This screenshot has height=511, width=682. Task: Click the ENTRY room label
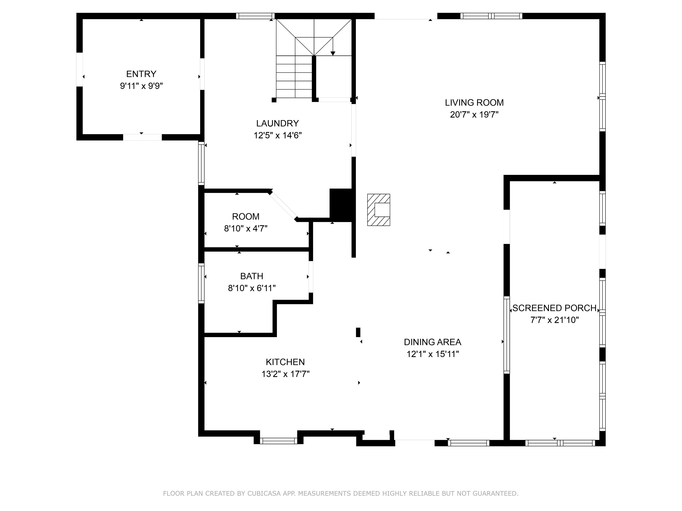(x=141, y=74)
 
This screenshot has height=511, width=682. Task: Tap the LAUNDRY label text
(x=278, y=124)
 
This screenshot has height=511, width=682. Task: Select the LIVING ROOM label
(x=474, y=102)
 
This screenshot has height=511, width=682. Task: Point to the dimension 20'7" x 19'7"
(x=474, y=115)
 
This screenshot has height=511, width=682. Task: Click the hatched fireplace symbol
(x=379, y=210)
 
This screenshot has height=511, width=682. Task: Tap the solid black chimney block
(x=341, y=205)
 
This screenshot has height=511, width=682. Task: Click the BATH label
(x=252, y=276)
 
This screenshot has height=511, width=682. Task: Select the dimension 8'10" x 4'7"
(x=246, y=228)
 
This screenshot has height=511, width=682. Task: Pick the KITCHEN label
(x=285, y=362)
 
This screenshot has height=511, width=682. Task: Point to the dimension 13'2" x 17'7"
(x=285, y=374)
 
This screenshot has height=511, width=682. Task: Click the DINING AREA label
(x=432, y=342)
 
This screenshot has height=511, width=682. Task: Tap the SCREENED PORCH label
(x=554, y=308)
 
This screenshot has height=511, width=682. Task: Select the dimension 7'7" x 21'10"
(x=554, y=320)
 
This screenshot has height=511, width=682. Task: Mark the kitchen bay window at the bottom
(x=278, y=441)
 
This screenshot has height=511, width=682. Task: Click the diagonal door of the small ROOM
(x=283, y=205)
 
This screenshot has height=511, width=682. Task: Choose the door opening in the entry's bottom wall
(x=143, y=137)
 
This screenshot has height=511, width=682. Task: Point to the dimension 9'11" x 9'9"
(x=141, y=86)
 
